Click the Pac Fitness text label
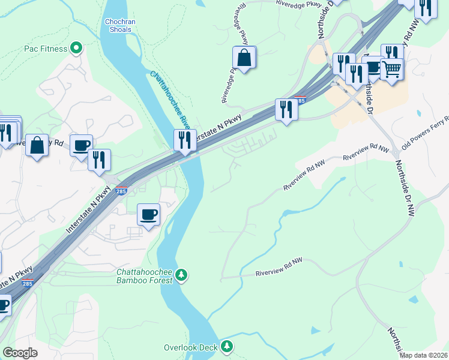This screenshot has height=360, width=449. [x=46, y=48]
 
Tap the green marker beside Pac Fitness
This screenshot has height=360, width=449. [x=76, y=48]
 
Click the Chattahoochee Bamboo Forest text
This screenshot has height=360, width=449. [x=144, y=276]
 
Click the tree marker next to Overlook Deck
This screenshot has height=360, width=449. [x=227, y=346]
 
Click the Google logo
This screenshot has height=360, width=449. [x=20, y=353]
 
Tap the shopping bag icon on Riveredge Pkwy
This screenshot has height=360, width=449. [x=244, y=58]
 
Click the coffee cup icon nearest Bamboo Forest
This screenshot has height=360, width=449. [x=149, y=214]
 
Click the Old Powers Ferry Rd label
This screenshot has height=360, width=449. [x=424, y=134]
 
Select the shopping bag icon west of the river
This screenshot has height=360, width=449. [x=37, y=145]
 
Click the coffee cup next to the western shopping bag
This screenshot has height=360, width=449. [x=81, y=145]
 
